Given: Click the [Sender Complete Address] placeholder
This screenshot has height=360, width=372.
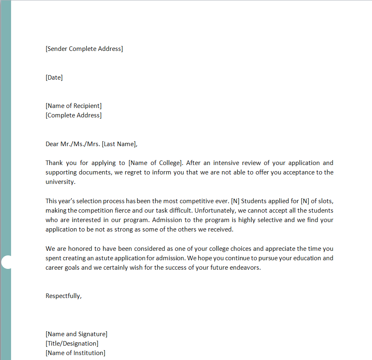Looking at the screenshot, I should point(84,49).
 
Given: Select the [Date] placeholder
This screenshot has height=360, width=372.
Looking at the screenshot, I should point(54,78).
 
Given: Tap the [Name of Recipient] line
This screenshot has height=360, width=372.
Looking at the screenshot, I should point(73,106).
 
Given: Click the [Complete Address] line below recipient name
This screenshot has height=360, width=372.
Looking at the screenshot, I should point(73,115).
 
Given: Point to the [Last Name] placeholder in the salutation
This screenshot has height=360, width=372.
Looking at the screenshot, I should point(119,144).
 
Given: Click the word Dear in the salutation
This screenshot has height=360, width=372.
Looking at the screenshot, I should point(52,144).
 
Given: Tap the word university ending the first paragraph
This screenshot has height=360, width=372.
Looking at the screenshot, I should point(60,182).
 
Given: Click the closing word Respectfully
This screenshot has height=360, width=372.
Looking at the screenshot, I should point(63,296).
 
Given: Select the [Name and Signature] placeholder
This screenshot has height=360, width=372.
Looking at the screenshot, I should point(76,334).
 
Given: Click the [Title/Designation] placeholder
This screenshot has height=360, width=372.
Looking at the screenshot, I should point(72,344).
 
